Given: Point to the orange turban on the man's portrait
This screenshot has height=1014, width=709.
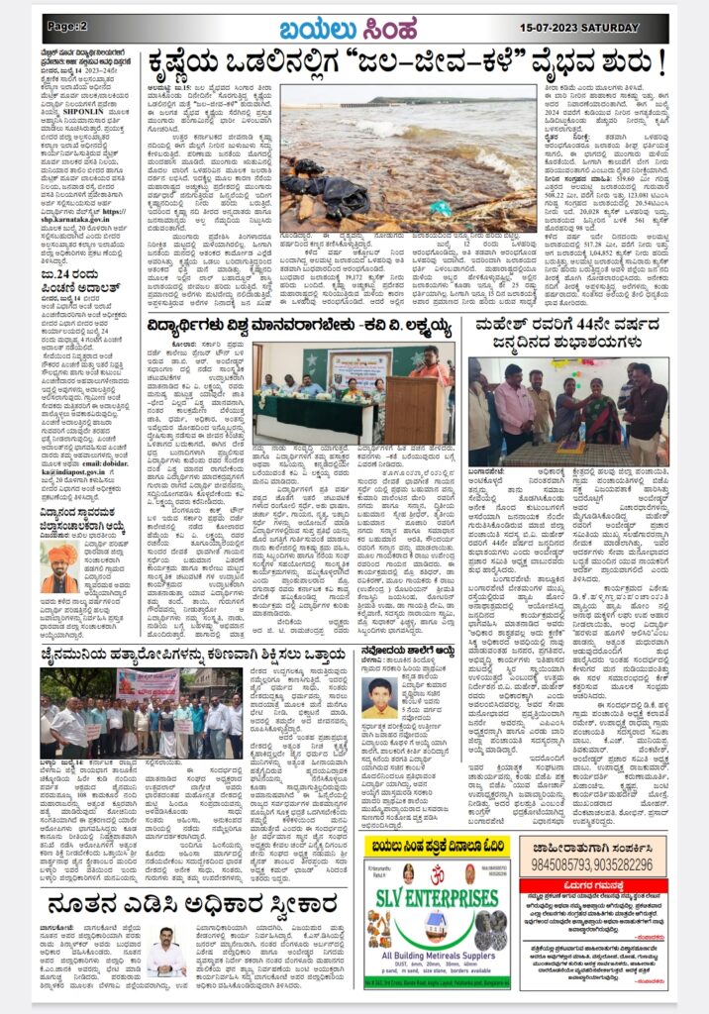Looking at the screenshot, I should [60, 553].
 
